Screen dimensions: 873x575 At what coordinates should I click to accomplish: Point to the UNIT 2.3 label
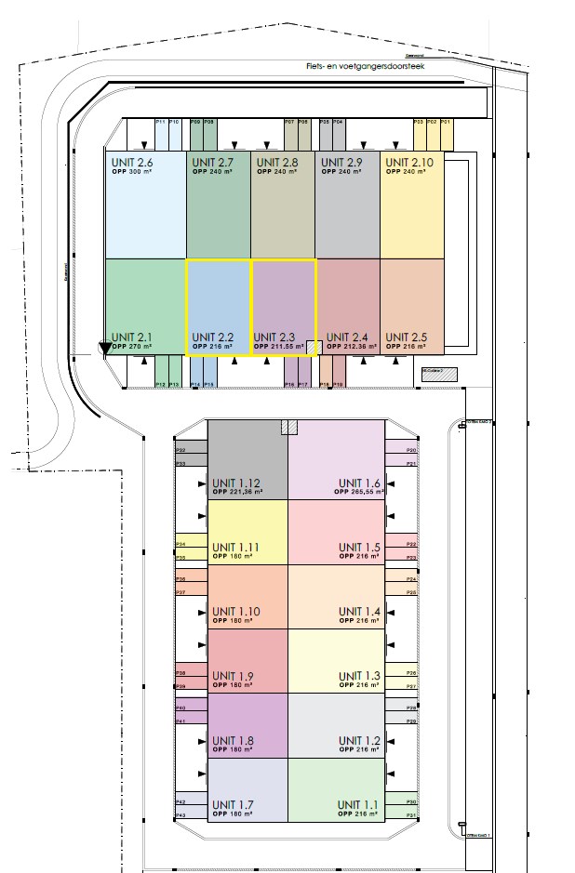[274, 337]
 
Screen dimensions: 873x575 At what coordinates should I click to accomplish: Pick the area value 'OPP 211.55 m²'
[279, 346]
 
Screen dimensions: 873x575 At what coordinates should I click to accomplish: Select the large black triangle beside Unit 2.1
[105, 349]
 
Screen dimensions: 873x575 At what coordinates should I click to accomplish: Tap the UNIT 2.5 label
[407, 337]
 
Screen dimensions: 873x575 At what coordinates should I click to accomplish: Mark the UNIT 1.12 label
[237, 483]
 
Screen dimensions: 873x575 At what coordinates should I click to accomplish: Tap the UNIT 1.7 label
[233, 804]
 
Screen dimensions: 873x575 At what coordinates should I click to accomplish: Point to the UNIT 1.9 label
[233, 676]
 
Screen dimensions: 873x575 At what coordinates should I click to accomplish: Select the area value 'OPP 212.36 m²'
[344, 346]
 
